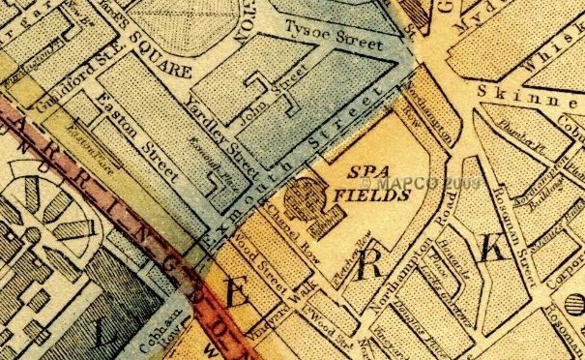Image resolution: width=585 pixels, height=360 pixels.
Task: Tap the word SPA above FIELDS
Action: pyautogui.click(x=361, y=174)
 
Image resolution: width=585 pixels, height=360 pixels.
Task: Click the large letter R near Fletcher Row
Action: pyautogui.click(x=368, y=265)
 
